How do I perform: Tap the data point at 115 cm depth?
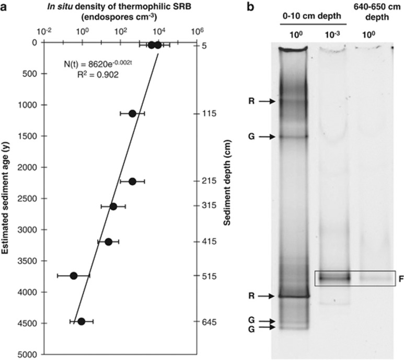click(132, 114)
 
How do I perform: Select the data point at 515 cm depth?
click(74, 275)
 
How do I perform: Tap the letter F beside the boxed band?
click(400, 279)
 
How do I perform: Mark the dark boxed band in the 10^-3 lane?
click(333, 278)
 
